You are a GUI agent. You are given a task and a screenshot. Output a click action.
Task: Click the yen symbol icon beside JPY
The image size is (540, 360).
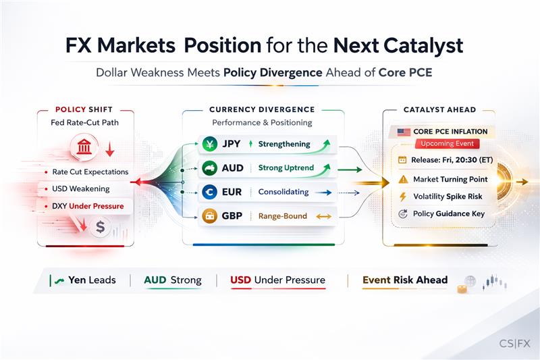coord(210,144)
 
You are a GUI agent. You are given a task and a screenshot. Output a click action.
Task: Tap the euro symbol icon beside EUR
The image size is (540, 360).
coord(210,192)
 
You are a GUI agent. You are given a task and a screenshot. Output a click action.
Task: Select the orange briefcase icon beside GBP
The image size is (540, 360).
coord(210,216)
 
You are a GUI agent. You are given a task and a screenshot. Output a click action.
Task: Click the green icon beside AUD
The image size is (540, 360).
coord(210,168)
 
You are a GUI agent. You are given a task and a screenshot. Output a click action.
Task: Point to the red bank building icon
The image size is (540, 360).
coord(84,147)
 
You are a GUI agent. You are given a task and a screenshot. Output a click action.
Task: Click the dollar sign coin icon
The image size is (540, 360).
coord(100,227)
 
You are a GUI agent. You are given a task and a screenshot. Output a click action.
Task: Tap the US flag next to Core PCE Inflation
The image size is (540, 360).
coord(404,132)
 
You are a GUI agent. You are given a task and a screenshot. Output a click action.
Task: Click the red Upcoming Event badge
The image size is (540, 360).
coord(447,144)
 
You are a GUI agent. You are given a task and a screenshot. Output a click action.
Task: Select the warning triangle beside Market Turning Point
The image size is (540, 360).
coord(403,179)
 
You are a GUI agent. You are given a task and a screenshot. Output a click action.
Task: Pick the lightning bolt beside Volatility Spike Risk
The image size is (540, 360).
coord(402,197)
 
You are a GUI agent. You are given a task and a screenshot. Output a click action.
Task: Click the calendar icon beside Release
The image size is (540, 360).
coord(402,160)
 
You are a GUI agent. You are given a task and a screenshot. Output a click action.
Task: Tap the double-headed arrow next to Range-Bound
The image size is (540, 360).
coord(324,216)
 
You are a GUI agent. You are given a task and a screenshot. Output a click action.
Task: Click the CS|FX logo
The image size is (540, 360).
coord(514,344)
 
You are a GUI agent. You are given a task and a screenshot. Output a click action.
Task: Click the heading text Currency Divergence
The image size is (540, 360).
coord(262,109)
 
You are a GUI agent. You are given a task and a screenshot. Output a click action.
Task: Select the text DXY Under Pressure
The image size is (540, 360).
coord(88,206)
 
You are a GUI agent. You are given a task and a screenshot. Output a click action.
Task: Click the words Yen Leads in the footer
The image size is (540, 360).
coord(92,280)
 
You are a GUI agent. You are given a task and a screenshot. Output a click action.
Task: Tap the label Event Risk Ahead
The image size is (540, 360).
coord(405,280)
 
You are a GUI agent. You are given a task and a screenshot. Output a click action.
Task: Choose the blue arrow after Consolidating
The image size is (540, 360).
coord(323,192)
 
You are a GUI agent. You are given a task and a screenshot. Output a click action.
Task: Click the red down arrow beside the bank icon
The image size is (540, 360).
coord(110,149)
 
